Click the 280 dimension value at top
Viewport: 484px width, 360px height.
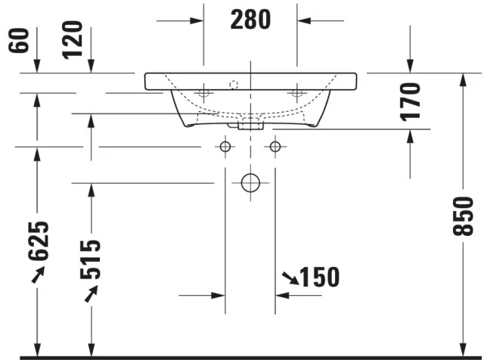click(x=250, y=20)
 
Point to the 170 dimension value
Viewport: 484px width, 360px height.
click(x=410, y=101)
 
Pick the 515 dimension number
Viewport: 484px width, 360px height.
click(x=91, y=258)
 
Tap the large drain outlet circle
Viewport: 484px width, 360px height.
click(x=250, y=182)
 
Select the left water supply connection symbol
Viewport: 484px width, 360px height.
click(x=225, y=145)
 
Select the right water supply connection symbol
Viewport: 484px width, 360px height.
click(x=275, y=145)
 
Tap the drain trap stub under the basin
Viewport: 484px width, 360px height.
click(x=250, y=124)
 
